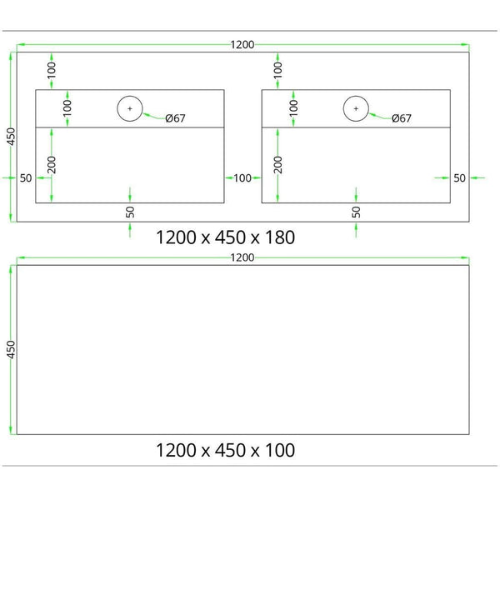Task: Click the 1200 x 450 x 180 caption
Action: click(x=225, y=237)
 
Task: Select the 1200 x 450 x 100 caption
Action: click(x=225, y=450)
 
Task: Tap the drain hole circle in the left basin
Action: click(x=130, y=96)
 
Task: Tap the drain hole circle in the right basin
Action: click(x=356, y=96)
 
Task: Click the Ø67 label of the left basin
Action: click(x=175, y=118)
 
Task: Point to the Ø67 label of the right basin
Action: click(x=402, y=118)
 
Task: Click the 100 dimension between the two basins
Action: click(x=242, y=178)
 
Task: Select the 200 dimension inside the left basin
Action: click(x=52, y=165)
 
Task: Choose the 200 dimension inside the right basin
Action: click(x=277, y=165)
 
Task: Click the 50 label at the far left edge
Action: click(x=26, y=178)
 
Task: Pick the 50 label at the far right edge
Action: click(x=459, y=178)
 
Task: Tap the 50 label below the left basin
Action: click(x=130, y=212)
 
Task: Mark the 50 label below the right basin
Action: click(x=356, y=212)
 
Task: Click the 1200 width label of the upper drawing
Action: click(x=242, y=45)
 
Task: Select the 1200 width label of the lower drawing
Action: click(x=242, y=257)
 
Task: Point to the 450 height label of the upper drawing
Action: click(x=11, y=137)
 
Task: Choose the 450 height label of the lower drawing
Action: click(x=11, y=349)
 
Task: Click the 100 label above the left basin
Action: click(x=52, y=70)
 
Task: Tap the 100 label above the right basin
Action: click(x=277, y=70)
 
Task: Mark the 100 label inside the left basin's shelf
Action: click(x=67, y=108)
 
